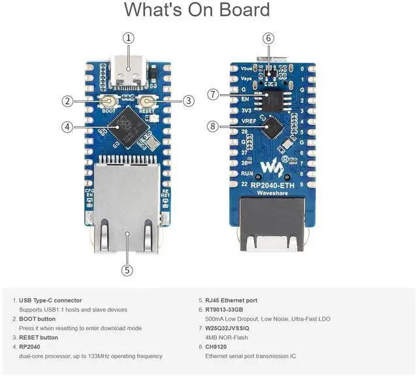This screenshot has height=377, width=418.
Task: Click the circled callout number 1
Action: (129, 38)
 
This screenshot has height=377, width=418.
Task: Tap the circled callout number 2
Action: (67, 101)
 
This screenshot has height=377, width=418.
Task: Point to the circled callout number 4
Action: (67, 127)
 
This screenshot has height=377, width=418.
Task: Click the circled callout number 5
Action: (127, 269)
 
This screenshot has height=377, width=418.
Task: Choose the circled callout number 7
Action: (213, 94)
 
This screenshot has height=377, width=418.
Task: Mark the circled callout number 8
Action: (213, 126)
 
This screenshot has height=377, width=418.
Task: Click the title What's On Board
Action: (197, 10)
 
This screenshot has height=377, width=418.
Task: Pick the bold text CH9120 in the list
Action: (220, 347)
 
